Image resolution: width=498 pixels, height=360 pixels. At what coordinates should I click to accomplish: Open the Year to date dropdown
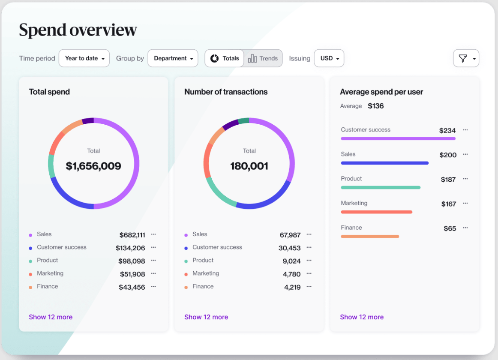(x=84, y=58)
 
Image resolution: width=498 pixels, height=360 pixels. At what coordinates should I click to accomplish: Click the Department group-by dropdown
(x=173, y=58)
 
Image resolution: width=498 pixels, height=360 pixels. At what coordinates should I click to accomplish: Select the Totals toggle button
(x=225, y=58)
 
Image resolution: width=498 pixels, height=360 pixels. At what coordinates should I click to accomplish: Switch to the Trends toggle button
(x=263, y=58)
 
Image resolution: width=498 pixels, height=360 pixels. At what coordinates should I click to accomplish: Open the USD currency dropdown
(x=329, y=58)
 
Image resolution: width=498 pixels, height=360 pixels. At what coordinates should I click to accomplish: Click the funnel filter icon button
(x=465, y=58)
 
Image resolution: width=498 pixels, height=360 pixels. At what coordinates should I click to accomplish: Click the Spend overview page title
(x=78, y=30)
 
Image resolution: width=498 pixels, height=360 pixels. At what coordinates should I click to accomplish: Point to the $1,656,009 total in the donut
(x=93, y=166)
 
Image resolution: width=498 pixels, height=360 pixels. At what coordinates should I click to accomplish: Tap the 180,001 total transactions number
(x=249, y=166)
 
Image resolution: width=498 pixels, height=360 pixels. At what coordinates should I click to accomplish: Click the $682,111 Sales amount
(x=132, y=235)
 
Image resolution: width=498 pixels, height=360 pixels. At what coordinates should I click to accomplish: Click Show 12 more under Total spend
(x=51, y=317)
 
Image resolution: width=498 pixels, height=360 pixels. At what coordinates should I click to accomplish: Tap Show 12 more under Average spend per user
(x=362, y=317)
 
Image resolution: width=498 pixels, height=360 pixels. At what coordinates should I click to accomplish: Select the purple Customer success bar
(x=398, y=138)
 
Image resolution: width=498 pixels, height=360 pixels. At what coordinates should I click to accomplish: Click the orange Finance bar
(x=370, y=236)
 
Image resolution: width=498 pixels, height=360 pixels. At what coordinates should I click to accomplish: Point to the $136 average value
(x=375, y=106)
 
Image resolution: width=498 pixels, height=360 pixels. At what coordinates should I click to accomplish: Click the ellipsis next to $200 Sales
(x=465, y=154)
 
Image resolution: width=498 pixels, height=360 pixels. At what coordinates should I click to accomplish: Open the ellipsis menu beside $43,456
(x=153, y=287)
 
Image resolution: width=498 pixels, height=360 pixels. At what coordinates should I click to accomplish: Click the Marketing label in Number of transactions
(x=206, y=273)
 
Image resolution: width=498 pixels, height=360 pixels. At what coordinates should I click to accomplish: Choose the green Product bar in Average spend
(x=381, y=187)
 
